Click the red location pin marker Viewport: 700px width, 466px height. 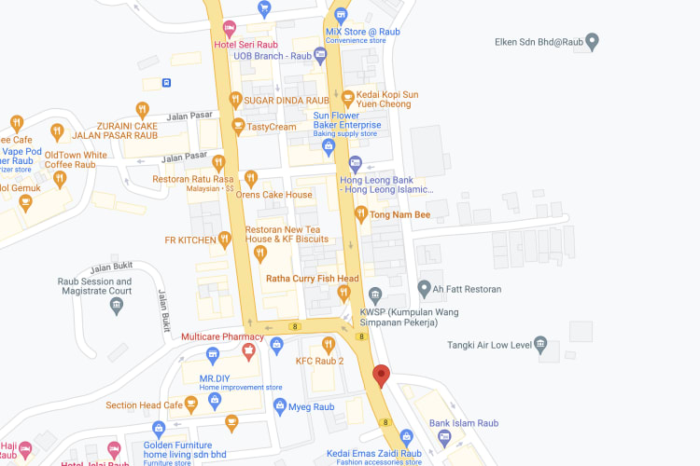(381, 376)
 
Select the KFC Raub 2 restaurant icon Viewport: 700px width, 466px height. (329, 345)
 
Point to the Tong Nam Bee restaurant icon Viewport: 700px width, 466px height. (361, 215)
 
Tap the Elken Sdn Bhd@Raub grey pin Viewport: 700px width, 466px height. (592, 41)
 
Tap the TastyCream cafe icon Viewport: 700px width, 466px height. (238, 126)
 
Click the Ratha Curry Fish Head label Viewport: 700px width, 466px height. (313, 278)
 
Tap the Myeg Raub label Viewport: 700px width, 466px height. (311, 406)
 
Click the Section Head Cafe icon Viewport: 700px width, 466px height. (191, 404)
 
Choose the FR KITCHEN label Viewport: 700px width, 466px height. (190, 240)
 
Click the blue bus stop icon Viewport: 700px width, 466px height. (166, 82)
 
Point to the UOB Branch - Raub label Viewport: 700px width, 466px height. (272, 56)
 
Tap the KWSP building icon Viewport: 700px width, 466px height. (376, 293)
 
